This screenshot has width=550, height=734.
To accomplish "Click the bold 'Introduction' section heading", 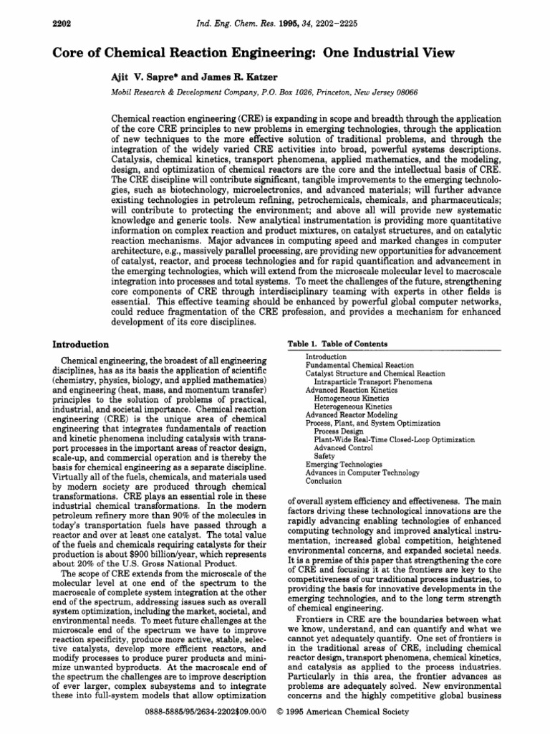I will point(82,345).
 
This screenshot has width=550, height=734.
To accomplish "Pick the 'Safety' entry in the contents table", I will point(324,456).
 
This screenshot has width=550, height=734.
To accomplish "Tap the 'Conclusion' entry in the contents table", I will point(324,481).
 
